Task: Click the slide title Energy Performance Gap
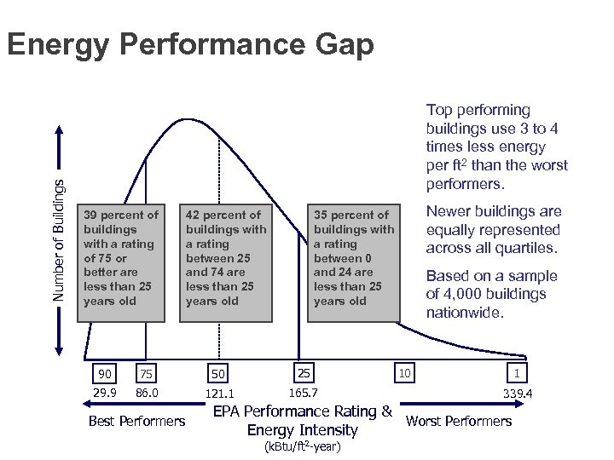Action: pos(189,44)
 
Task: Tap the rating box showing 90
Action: pos(105,373)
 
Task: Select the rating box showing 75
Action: pos(147,373)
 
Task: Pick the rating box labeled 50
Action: pos(218,374)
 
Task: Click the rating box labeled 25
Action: pos(304,372)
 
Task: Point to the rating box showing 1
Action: pos(517,372)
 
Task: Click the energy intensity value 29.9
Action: pos(105,392)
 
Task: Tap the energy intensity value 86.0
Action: pos(148,392)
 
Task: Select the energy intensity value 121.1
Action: pos(219,394)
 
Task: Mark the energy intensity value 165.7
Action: pos(304,393)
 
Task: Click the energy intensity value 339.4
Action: pos(518,394)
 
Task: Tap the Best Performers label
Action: pos(136,421)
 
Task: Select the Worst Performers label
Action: pos(459,421)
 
